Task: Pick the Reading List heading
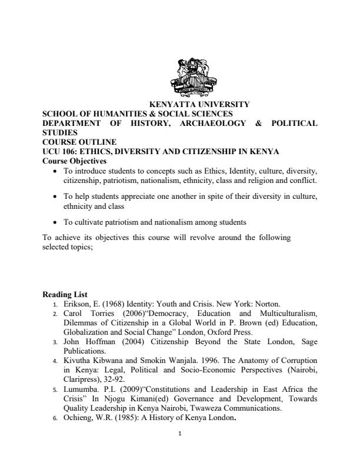[65, 294]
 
